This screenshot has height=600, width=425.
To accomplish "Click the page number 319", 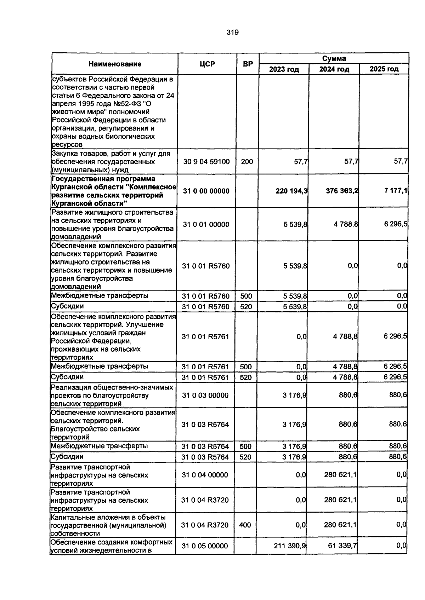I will point(232,33).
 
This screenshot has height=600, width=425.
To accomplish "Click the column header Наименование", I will point(115,64).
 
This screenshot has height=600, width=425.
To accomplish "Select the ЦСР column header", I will point(207,64).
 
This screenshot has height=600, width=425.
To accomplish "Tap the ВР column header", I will point(248,64).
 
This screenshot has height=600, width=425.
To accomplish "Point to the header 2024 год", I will point(334,69).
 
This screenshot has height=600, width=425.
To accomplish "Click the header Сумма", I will point(334,58).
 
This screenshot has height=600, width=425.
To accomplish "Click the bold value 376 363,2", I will point(342,191).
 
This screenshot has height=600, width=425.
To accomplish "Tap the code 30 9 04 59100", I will point(206,162).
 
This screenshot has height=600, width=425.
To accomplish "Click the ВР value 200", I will point(247,162).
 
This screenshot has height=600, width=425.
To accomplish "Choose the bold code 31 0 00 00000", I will point(206,191).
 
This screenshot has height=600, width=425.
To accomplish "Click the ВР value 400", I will point(245,525).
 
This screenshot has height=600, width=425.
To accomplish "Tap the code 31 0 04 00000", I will point(205,475).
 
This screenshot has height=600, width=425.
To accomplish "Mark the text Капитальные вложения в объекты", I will point(108,517).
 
